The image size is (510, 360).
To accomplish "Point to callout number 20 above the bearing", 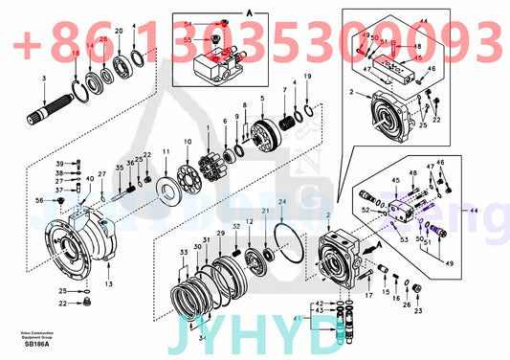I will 119,32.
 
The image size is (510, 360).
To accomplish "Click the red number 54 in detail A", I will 188,22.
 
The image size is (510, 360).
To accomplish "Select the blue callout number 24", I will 281,200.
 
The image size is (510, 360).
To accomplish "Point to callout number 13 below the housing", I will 108,284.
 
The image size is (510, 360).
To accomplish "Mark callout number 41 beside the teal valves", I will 296,317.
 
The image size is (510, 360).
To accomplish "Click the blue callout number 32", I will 263,228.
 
